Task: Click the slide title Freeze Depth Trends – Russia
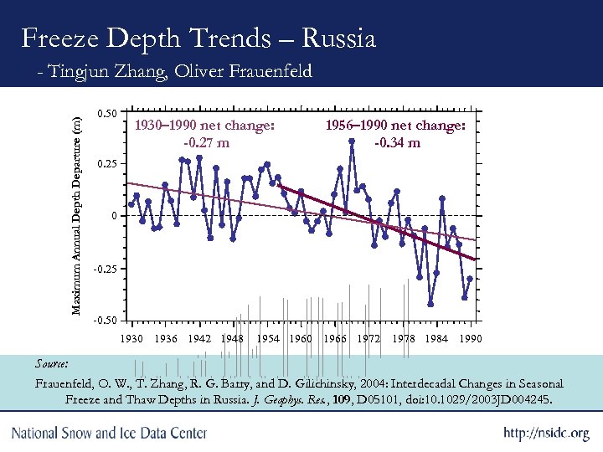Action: coord(198,38)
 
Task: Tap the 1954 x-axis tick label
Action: coord(268,339)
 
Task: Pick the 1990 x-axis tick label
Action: coord(471,339)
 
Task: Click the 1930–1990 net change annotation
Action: coord(206,126)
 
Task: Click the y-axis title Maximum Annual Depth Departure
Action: coord(76,215)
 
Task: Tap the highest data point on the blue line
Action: coord(352,141)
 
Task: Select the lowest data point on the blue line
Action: coord(430,304)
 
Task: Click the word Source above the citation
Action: coord(52,364)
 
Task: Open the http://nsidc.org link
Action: coord(546,434)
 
